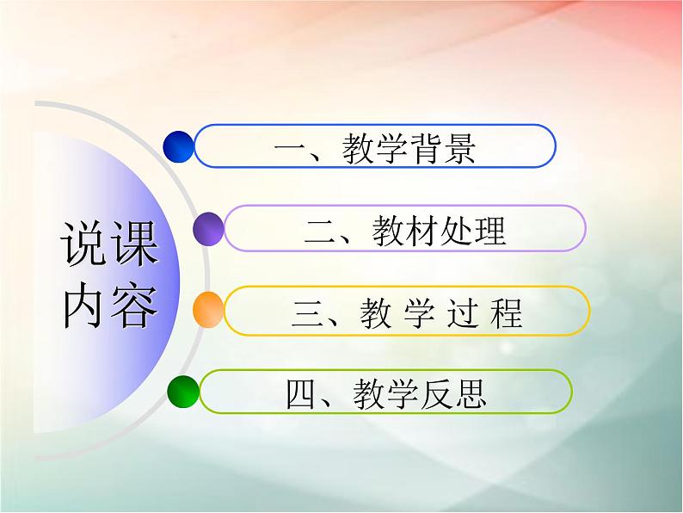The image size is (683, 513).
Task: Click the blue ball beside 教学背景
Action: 179,147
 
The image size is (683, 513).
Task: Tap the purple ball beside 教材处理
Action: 208,229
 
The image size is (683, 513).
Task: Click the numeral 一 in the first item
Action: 289,149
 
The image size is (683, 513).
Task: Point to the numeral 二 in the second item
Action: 320,231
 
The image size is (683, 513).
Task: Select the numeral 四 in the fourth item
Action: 300,394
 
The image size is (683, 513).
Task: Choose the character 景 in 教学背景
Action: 458,148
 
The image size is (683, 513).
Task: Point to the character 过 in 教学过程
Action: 458,312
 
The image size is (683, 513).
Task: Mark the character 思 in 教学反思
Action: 471,393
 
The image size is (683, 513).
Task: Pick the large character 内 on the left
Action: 85,303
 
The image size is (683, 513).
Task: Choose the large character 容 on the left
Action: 135,303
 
